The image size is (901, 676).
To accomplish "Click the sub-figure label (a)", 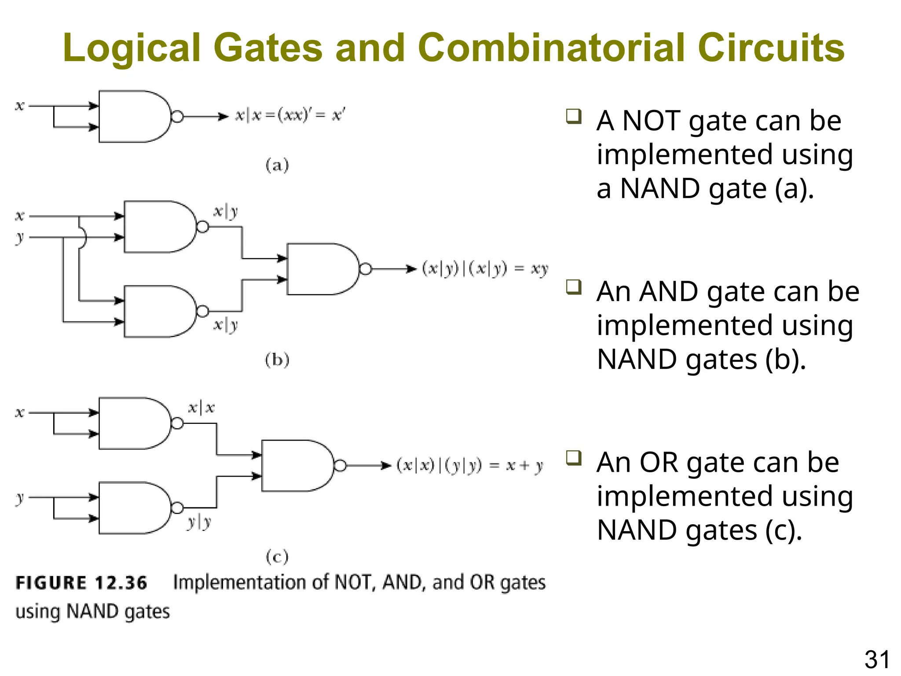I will pyautogui.click(x=277, y=165).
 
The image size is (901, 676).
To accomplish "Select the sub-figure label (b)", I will pyautogui.click(x=277, y=360).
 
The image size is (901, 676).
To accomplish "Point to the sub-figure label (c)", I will pyautogui.click(x=277, y=557).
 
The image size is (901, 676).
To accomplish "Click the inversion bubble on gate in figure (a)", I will pyautogui.click(x=177, y=117).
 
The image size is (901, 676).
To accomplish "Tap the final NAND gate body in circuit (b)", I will pyautogui.click(x=321, y=269).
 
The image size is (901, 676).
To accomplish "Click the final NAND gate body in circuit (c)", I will pyautogui.click(x=296, y=466).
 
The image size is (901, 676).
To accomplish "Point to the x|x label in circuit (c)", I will pyautogui.click(x=201, y=408).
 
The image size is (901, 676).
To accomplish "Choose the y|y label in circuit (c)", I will pyautogui.click(x=199, y=522).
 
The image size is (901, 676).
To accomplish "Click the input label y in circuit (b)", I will pyautogui.click(x=19, y=238).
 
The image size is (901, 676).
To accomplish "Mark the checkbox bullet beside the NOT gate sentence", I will pyautogui.click(x=574, y=117).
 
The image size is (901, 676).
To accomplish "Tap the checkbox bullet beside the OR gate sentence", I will pyautogui.click(x=574, y=458).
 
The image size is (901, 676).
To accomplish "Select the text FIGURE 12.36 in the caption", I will pyautogui.click(x=81, y=583).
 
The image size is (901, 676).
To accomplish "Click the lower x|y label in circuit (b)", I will pyautogui.click(x=226, y=325).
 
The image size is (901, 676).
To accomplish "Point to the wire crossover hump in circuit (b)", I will pyautogui.click(x=83, y=238).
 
